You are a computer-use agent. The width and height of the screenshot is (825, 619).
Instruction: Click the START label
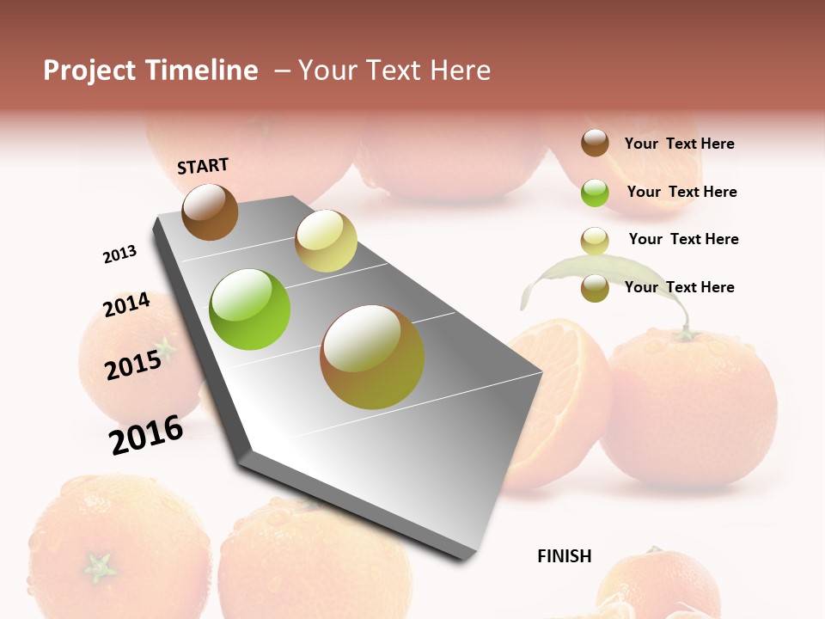(x=203, y=166)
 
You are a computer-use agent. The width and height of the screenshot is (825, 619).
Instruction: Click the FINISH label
(x=564, y=556)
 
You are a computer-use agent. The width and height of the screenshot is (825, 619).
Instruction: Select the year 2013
(x=119, y=254)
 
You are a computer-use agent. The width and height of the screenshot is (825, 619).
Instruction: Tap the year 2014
(x=126, y=305)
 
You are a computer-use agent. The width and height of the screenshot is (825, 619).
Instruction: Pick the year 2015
(x=133, y=365)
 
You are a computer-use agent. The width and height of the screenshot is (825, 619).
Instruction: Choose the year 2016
(x=146, y=434)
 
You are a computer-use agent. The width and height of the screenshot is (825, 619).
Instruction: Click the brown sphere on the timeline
(x=210, y=211)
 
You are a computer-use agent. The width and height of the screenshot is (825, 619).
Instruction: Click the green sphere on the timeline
(x=250, y=309)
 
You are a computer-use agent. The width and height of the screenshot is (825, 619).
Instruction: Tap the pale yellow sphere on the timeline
(x=326, y=241)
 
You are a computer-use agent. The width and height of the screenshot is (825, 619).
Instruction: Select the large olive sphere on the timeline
(x=372, y=357)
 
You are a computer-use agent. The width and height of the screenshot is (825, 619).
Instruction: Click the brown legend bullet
(x=595, y=144)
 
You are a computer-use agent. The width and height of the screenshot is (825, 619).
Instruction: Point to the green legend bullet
(x=595, y=193)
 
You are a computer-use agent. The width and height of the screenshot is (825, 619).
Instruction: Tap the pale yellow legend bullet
(x=595, y=240)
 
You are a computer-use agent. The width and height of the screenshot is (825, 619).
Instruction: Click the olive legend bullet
(x=595, y=288)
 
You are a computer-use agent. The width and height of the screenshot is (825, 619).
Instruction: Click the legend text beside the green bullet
(x=681, y=192)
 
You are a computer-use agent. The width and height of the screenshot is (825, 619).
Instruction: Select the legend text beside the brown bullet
(x=679, y=144)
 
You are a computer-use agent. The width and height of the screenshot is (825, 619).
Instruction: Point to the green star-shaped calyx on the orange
(x=100, y=567)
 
